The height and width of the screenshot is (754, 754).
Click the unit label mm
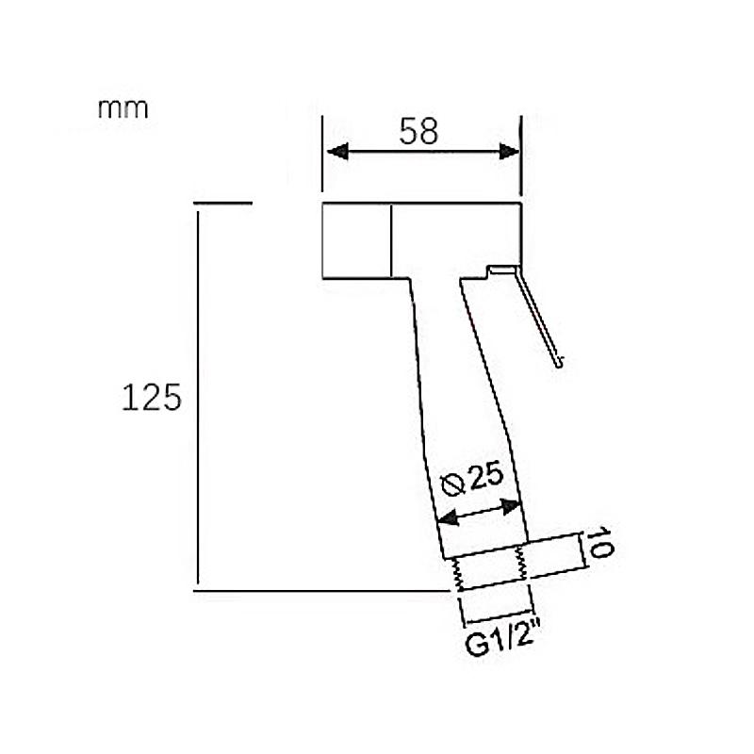pyautogui.click(x=123, y=109)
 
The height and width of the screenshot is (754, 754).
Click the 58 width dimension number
pyautogui.click(x=418, y=131)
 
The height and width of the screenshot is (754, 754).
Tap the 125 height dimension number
pyautogui.click(x=152, y=397)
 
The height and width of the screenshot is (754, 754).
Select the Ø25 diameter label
pyautogui.click(x=472, y=479)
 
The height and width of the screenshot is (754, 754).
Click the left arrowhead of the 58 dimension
pyautogui.click(x=337, y=152)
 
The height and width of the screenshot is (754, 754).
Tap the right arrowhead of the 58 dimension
pyautogui.click(x=509, y=152)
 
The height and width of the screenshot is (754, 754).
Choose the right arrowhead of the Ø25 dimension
pyautogui.click(x=510, y=506)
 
